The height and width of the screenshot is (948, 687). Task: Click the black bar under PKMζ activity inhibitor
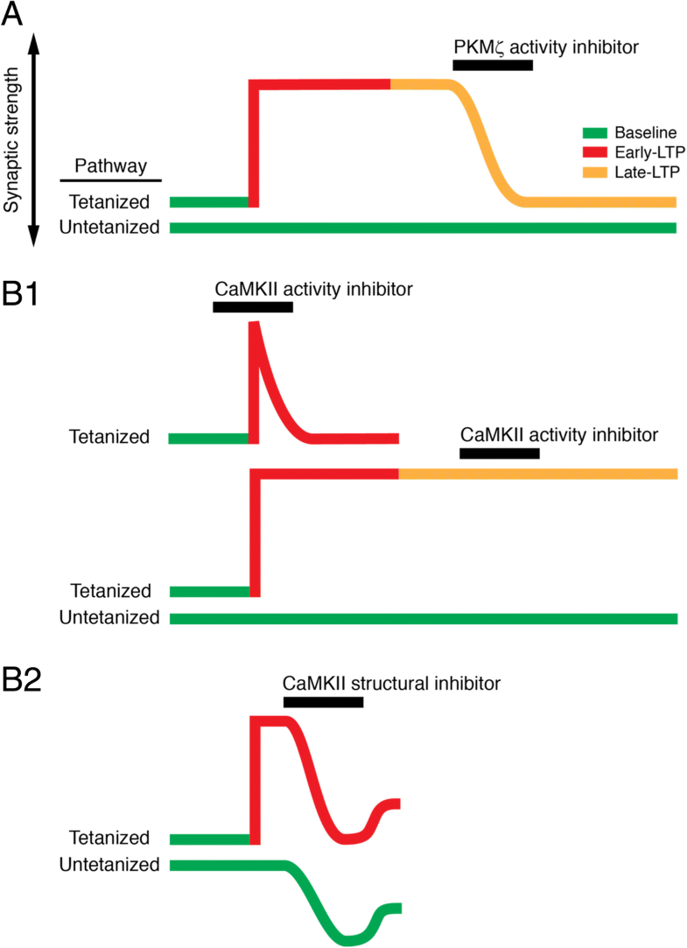493,66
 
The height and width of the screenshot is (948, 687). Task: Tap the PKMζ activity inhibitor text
546,46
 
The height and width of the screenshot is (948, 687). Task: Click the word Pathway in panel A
110,165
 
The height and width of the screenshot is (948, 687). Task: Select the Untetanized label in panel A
109,228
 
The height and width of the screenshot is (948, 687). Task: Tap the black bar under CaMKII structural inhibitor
323,702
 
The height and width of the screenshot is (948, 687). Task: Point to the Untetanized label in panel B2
109,865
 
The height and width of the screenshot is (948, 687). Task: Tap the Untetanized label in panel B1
109,618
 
